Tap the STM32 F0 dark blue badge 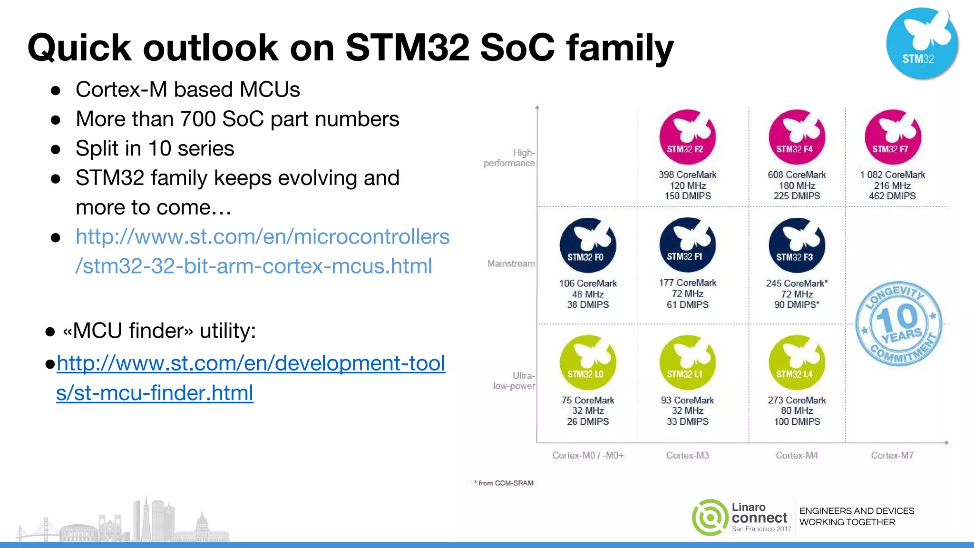pyautogui.click(x=588, y=245)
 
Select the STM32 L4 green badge pyautogui.click(x=797, y=362)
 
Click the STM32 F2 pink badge pyautogui.click(x=687, y=137)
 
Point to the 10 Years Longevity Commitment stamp pyautogui.click(x=898, y=323)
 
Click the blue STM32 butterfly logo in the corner pyautogui.click(x=922, y=43)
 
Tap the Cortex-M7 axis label pyautogui.click(x=892, y=455)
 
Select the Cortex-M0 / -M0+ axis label pyautogui.click(x=588, y=455)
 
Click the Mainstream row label pyautogui.click(x=511, y=264)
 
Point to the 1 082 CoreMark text pyautogui.click(x=892, y=175)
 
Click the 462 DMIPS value pyautogui.click(x=892, y=196)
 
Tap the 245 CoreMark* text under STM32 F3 pyautogui.click(x=797, y=283)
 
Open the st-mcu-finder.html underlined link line pyautogui.click(x=155, y=393)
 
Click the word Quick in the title pyautogui.click(x=79, y=48)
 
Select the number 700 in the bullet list pyautogui.click(x=198, y=119)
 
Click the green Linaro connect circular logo pyautogui.click(x=710, y=517)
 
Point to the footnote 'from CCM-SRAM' pyautogui.click(x=505, y=483)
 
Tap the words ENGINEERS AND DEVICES pyautogui.click(x=857, y=511)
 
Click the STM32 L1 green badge pyautogui.click(x=687, y=362)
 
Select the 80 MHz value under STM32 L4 pyautogui.click(x=797, y=411)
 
